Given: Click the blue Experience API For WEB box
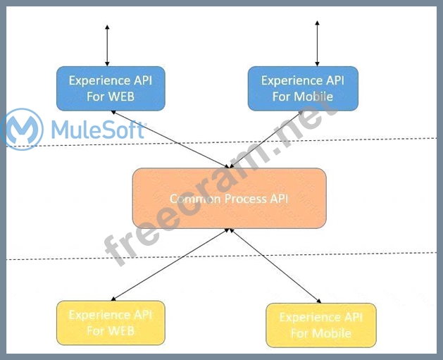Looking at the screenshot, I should coord(110,89).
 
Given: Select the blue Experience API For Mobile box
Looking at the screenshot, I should coord(302,89).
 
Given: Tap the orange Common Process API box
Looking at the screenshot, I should coord(229,198).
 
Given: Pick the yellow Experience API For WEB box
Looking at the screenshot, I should coord(110,323).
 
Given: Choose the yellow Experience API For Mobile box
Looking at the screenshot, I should coord(320,325).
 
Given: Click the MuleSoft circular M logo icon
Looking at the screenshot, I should coord(23,129).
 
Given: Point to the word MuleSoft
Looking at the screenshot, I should coord(98,130).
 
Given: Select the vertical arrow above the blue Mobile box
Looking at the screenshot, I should coord(318,44).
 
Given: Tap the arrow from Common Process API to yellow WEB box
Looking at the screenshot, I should coord(169,264).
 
